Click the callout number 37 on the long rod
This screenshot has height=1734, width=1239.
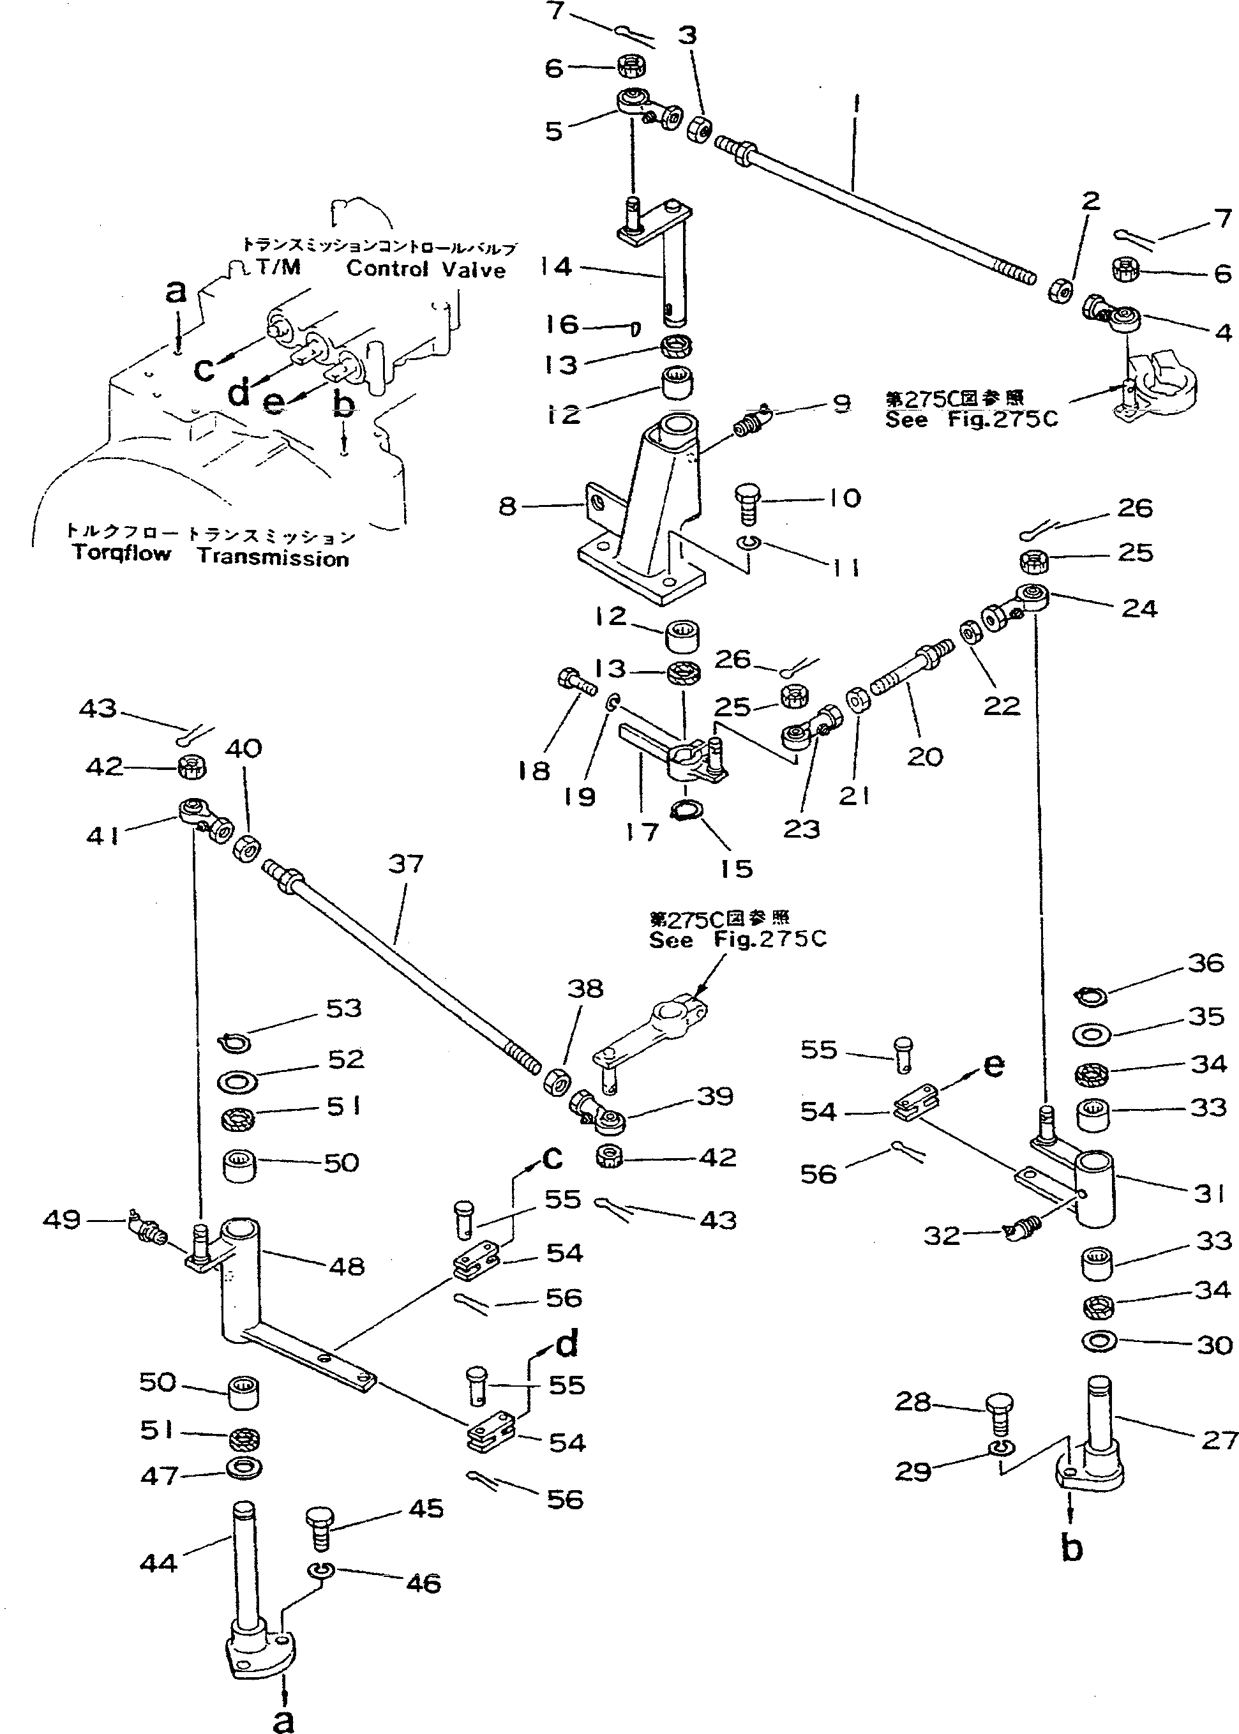point(405,864)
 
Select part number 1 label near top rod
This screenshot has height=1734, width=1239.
point(856,105)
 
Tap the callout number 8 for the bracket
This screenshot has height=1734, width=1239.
point(507,506)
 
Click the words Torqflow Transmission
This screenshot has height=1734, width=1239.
point(211,555)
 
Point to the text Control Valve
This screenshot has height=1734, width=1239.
point(426,269)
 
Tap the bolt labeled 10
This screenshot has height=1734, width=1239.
point(747,504)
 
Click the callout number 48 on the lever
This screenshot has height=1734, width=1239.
point(347,1267)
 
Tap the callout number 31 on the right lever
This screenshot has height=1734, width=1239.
point(1209,1193)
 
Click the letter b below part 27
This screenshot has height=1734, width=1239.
point(1072,1549)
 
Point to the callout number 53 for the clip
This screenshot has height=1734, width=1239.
point(343,1009)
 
